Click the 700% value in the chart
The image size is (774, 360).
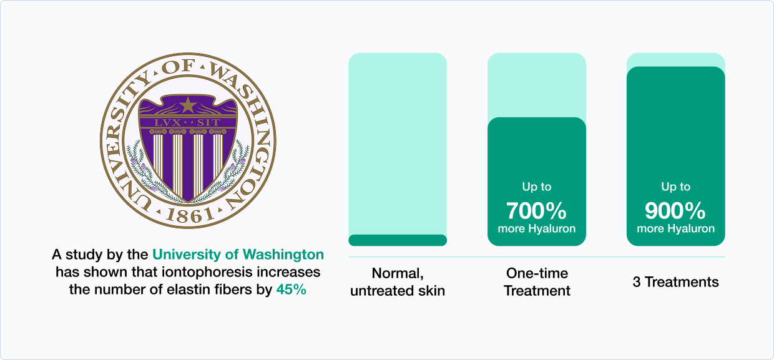point(536,211)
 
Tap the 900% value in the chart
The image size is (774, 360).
point(675,211)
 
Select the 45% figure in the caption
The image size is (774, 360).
point(291,289)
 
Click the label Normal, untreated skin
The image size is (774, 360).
point(398,282)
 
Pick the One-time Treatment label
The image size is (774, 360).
point(537,282)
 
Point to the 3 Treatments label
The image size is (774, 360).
point(675,282)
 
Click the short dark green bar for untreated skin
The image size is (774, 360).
point(398,240)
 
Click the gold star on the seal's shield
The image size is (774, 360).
point(188,105)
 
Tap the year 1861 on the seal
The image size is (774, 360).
point(190,216)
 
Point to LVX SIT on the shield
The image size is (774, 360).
point(187,123)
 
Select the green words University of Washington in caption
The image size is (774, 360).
point(238,255)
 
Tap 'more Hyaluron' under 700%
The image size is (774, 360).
point(537,228)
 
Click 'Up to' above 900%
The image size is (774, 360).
point(675,187)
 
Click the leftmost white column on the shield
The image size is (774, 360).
point(157,155)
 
